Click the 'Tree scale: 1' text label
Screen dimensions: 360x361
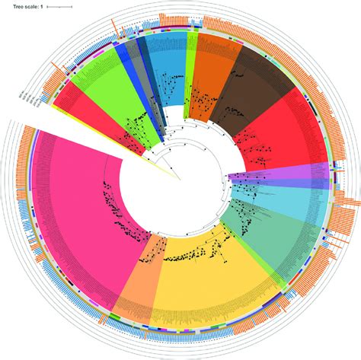point(22,5)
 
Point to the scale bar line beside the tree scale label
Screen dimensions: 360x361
point(59,6)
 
